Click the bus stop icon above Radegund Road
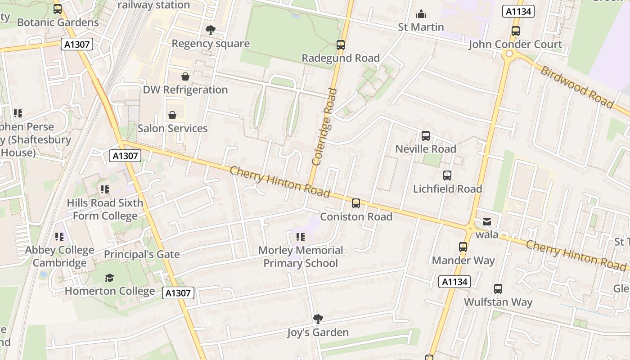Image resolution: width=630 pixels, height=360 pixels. point(341,45)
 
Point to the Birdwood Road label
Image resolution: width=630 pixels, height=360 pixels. point(576,87)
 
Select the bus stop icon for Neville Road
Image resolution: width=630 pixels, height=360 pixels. point(425,136)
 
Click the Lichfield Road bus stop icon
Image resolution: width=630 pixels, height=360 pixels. point(447,175)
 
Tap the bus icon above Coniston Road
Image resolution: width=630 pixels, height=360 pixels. point(356,203)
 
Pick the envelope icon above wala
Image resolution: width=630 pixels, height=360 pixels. point(487,221)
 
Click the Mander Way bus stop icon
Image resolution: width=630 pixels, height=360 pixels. point(463,247)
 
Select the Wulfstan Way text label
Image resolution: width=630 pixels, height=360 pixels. point(498,302)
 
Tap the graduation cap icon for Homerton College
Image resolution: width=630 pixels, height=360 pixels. point(109,278)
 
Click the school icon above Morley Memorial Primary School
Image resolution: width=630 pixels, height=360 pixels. point(300,237)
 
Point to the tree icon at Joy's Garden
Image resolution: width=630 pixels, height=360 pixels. point(318,319)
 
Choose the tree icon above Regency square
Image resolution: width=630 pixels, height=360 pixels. point(210,30)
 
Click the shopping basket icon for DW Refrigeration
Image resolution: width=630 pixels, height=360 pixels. point(185,76)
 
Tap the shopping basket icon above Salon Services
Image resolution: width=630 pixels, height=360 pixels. point(172,116)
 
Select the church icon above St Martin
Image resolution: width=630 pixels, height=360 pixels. point(421,14)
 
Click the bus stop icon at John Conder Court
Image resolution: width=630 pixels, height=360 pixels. point(515,31)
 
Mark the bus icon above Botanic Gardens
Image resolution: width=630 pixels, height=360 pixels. point(58,9)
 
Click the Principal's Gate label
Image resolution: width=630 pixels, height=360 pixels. point(142,254)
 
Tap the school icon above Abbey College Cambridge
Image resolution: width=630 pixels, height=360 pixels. point(59,236)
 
